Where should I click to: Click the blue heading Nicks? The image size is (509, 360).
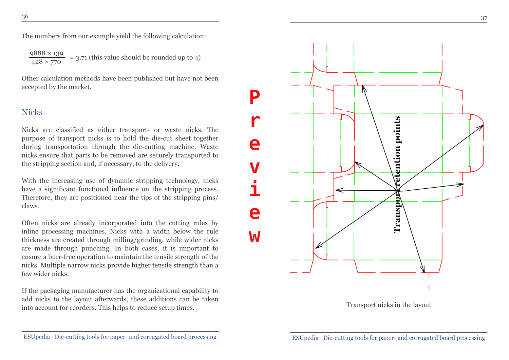tap(32, 112)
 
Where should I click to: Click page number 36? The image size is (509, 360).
tap(25, 16)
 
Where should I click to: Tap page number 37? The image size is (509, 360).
tap(484, 18)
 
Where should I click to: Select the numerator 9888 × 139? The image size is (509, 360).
tap(46, 53)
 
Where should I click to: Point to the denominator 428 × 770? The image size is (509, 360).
tap(46, 62)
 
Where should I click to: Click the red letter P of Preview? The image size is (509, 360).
tap(254, 97)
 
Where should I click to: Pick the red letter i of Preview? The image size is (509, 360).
tap(254, 189)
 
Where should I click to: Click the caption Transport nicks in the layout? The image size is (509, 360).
tap(389, 305)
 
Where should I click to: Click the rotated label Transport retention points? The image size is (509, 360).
tap(397, 174)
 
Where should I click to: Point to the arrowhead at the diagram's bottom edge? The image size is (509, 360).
tap(423, 270)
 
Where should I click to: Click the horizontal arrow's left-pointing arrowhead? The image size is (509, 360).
tap(338, 190)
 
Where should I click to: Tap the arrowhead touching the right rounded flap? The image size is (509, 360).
tap(481, 127)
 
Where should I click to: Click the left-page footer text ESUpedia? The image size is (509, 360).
tap(37, 337)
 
